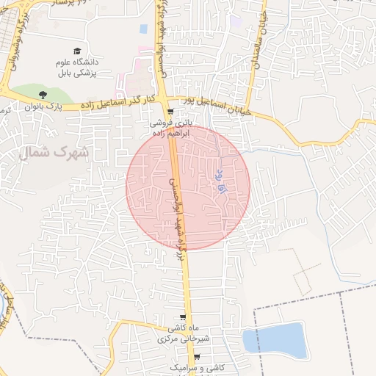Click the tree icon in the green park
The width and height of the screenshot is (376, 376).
pos(43,94)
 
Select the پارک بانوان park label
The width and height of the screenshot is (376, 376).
pos(43,107)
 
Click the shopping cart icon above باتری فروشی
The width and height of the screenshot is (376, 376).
pos(170,112)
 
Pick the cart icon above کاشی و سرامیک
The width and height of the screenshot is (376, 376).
pos(197,355)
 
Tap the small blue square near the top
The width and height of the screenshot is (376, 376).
pos(143,29)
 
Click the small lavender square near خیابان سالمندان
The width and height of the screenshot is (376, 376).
pos(234,23)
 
